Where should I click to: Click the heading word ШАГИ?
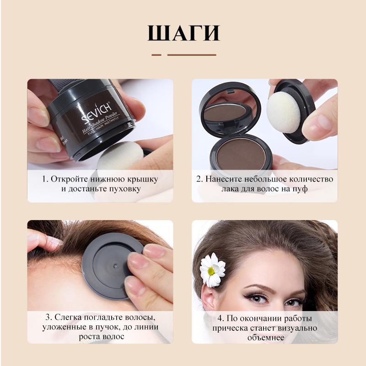183,33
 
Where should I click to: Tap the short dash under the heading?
156,55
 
